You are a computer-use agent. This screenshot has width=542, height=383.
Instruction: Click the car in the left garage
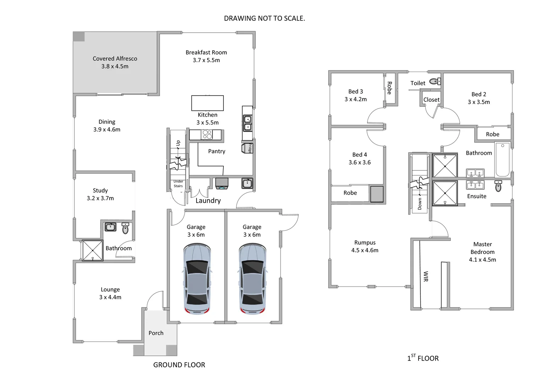(197, 279)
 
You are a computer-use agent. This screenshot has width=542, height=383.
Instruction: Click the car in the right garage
(253, 279)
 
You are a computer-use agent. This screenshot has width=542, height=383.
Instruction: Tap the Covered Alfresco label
(115, 59)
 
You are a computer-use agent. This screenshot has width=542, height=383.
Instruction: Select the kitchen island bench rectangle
(208, 103)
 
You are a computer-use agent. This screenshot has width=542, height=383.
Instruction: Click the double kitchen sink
(248, 123)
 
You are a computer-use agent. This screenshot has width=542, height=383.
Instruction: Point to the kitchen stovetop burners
(207, 135)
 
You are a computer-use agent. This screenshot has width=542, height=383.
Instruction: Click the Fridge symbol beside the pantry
(248, 148)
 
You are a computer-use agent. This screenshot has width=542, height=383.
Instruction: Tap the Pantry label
(217, 151)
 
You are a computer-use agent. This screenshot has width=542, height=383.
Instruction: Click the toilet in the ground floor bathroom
(125, 229)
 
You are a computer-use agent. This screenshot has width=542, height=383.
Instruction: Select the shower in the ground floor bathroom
(93, 250)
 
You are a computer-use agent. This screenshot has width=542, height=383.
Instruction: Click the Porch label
(156, 333)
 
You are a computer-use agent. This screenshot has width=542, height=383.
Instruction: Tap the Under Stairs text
(178, 184)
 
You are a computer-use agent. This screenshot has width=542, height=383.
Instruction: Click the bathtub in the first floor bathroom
(503, 159)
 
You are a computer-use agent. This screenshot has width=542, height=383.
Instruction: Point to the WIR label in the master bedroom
(426, 277)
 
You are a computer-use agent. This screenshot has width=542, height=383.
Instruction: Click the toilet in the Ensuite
(498, 186)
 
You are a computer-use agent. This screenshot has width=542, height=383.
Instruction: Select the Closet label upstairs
(431, 100)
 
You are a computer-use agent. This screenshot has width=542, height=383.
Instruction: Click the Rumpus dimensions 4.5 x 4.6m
(365, 250)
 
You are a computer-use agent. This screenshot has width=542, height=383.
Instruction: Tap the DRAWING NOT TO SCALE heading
(264, 18)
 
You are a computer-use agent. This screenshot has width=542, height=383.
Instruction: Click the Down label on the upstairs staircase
(420, 204)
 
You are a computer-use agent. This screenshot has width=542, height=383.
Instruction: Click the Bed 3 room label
(355, 91)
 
